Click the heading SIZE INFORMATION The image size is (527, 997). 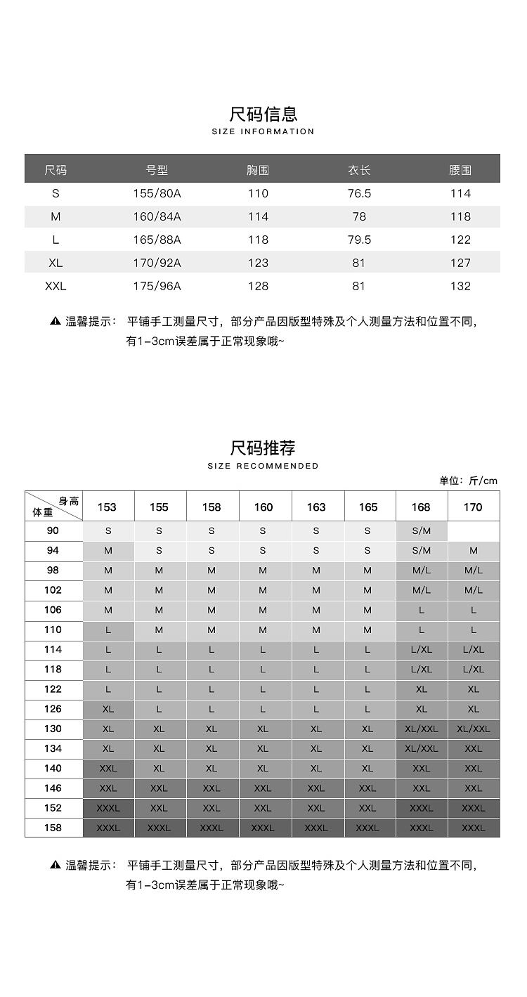click(x=263, y=131)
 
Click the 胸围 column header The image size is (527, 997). click(x=258, y=170)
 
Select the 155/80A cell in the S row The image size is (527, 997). click(x=157, y=193)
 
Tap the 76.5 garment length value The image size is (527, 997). click(x=359, y=193)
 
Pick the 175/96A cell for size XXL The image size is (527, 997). click(x=157, y=286)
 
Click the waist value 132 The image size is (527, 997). click(x=460, y=286)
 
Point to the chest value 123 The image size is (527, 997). click(x=258, y=263)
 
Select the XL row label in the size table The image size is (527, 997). click(x=56, y=263)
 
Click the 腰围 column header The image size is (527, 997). click(x=460, y=170)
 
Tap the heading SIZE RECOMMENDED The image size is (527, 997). click(x=263, y=466)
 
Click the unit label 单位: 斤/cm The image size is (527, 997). click(x=468, y=481)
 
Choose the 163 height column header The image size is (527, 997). click(x=316, y=507)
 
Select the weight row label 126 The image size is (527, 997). click(x=53, y=709)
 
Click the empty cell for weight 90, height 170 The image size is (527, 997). click(x=474, y=531)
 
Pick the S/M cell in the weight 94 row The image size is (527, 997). click(x=422, y=551)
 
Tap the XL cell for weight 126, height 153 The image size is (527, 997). click(x=108, y=709)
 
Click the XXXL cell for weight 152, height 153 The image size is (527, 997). click(x=108, y=808)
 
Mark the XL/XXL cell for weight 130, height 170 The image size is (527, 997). click(x=474, y=729)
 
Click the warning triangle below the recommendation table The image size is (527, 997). click(x=56, y=865)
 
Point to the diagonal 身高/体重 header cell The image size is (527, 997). click(x=54, y=507)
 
